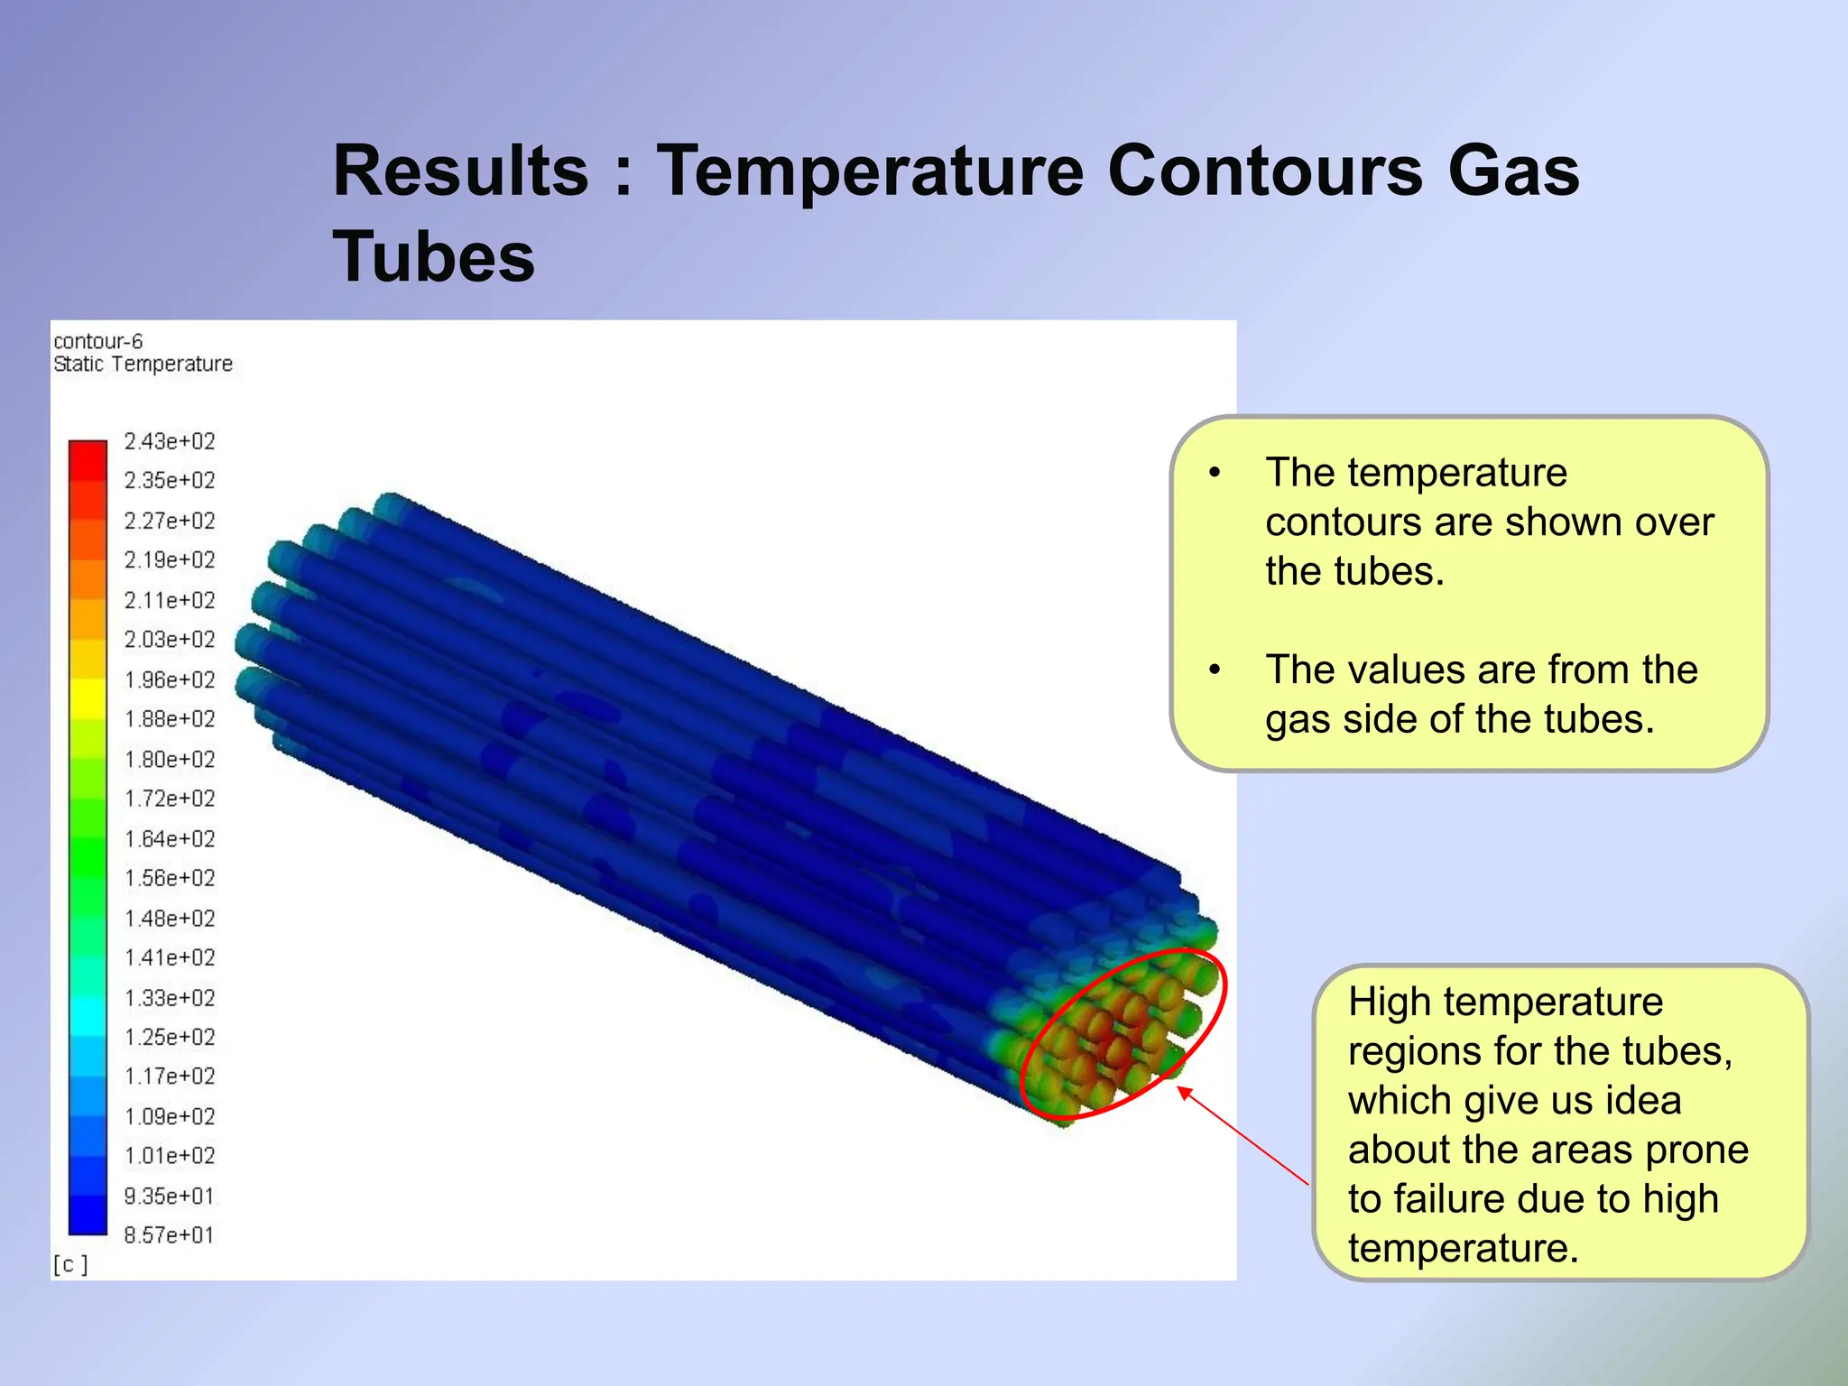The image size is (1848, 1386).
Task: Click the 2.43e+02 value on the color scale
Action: pos(170,441)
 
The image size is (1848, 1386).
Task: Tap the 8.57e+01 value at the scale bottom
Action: pos(170,1235)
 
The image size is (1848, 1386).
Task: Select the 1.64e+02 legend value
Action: pos(170,839)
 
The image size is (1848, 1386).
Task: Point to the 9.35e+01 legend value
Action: pos(170,1197)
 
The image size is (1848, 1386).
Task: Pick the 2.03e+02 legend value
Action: pos(170,640)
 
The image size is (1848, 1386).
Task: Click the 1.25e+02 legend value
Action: pos(170,1038)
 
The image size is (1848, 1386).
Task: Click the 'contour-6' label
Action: pos(97,341)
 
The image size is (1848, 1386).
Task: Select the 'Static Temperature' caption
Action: pos(143,364)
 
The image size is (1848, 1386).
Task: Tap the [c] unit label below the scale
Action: pos(70,1265)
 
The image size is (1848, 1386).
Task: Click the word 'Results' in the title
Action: pos(460,171)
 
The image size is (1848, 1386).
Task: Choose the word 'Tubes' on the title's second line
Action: pos(434,257)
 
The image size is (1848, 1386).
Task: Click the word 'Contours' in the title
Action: pos(1265,171)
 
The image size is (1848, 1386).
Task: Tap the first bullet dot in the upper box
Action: pos(1215,473)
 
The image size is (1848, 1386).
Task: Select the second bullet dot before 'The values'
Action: pos(1215,670)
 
